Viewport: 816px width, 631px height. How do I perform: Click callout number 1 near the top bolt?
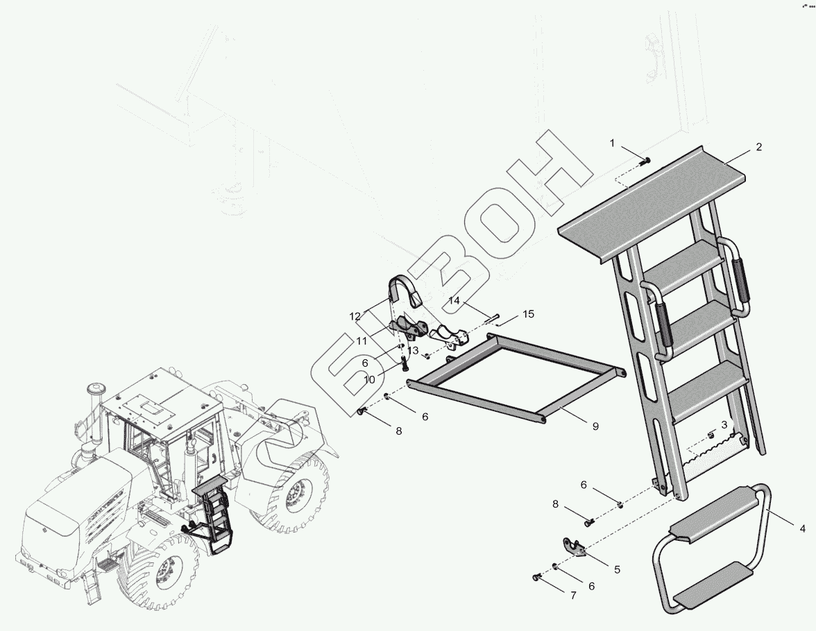pos(612,143)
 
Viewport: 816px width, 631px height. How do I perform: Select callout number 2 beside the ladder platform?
pos(758,147)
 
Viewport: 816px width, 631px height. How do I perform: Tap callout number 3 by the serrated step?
pos(724,424)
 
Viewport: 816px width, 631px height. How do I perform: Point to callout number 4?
pos(802,528)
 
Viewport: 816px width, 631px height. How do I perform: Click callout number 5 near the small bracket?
pos(616,569)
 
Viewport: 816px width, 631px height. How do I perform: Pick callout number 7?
pos(572,595)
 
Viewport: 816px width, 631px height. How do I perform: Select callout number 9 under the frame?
pos(595,426)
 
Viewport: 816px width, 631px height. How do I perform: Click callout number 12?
pos(355,316)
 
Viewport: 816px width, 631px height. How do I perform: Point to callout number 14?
pos(454,301)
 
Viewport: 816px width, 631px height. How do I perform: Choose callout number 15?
pos(528,314)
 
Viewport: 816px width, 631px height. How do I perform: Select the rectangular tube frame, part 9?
pos(517,378)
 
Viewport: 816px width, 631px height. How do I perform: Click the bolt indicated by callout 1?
pos(645,161)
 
